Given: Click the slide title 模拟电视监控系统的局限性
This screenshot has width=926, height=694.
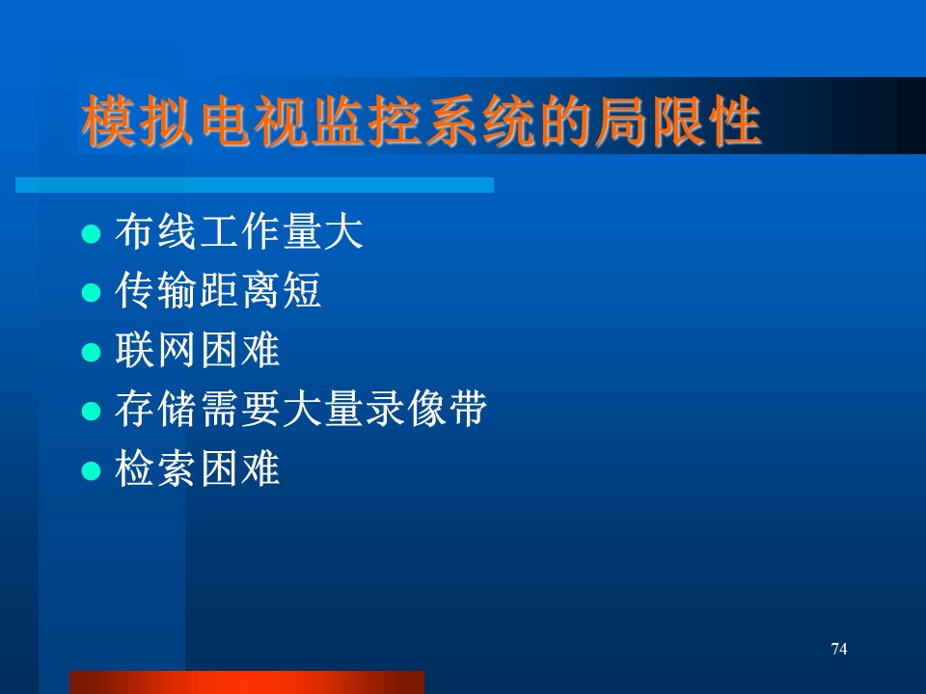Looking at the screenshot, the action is (x=421, y=120).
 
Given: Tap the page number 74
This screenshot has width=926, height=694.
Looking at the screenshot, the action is (x=838, y=649).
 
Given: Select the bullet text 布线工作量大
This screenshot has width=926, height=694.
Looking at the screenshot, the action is (x=238, y=231).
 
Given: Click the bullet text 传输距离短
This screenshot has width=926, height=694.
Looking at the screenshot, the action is (x=218, y=290).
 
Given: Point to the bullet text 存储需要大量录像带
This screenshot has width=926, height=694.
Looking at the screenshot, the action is (x=301, y=409).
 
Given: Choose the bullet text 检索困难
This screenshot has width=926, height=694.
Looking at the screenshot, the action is (x=197, y=468).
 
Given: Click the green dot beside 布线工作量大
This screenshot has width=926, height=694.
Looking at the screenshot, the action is (x=91, y=233).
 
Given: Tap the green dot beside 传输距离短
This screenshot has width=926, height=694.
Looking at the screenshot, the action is (x=91, y=293).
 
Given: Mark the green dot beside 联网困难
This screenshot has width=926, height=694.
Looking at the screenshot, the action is (x=91, y=353).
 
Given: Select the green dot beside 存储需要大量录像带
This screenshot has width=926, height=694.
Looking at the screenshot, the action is (x=91, y=412).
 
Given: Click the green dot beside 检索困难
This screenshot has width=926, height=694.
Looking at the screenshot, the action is (x=91, y=471).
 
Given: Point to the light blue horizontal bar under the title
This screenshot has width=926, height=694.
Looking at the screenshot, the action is (x=255, y=185).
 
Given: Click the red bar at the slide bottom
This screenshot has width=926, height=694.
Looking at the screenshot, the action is (x=247, y=682).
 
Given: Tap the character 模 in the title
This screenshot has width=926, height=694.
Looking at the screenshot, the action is (x=108, y=120).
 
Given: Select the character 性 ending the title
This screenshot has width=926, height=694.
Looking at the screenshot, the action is (x=734, y=120).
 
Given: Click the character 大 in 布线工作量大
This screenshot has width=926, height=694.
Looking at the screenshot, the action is (x=343, y=231).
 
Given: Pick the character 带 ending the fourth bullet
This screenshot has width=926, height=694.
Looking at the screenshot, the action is (x=467, y=409).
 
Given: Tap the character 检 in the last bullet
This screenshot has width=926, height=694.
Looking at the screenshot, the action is (x=135, y=468).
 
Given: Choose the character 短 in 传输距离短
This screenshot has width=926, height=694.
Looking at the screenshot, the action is (x=302, y=290).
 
